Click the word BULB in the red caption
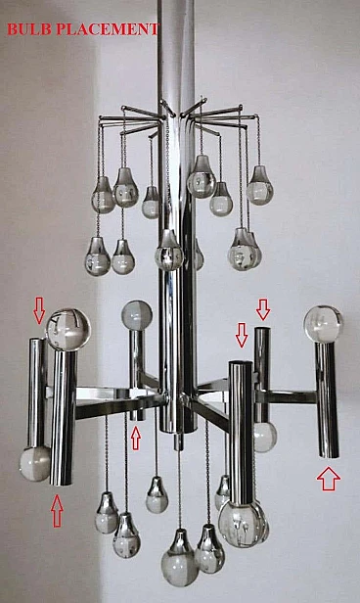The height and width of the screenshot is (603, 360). (29, 29)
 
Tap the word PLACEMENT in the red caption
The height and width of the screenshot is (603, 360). (108, 29)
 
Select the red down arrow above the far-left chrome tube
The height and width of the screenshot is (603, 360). (39, 310)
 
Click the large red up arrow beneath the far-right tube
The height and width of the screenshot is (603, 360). (329, 478)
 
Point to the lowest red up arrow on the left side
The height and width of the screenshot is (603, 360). (57, 510)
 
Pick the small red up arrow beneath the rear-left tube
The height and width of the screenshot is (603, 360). (136, 438)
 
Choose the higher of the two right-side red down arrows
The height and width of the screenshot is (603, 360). (263, 309)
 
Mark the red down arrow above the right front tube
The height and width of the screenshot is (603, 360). (242, 335)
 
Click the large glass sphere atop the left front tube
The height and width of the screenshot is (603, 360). (68, 330)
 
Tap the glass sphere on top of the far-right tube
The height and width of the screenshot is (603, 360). (323, 324)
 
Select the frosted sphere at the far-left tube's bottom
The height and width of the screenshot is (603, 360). (34, 463)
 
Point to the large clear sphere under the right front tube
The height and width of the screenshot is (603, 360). (242, 524)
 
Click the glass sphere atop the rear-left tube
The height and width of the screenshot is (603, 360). (137, 315)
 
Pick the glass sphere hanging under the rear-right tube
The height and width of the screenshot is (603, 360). (265, 437)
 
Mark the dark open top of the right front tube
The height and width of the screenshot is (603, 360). (241, 362)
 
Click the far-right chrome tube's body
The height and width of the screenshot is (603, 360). (327, 400)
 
